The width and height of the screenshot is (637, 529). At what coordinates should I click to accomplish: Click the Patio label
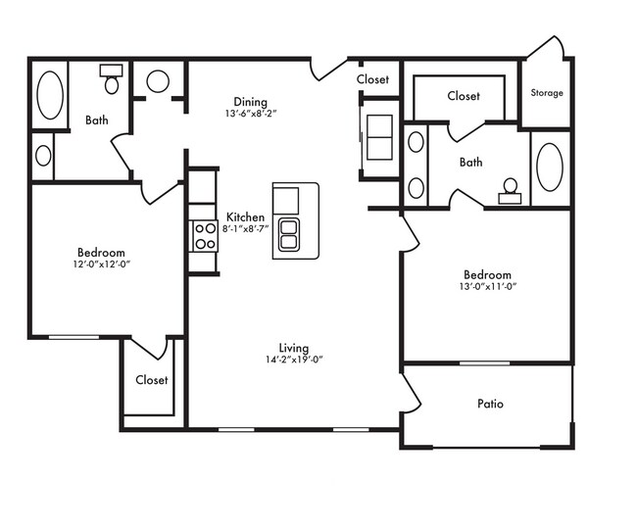(x=490, y=404)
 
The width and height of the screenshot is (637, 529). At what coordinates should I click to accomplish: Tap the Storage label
(x=547, y=93)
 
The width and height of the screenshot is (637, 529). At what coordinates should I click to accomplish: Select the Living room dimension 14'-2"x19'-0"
(x=294, y=360)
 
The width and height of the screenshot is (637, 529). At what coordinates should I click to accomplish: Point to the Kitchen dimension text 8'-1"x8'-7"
(x=245, y=228)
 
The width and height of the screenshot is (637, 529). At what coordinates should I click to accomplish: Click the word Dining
(x=250, y=102)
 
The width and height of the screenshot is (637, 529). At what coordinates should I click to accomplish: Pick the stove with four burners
(x=205, y=236)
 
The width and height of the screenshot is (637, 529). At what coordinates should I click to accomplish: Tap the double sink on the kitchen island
(x=289, y=235)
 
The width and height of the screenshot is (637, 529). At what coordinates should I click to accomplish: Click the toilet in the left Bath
(x=112, y=78)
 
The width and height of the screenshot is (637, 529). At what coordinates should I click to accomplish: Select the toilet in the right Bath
(x=511, y=191)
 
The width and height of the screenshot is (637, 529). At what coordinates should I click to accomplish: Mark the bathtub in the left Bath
(x=50, y=95)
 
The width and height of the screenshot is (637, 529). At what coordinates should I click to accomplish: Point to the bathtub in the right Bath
(x=550, y=168)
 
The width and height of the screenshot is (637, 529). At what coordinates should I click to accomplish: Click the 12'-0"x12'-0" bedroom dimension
(x=102, y=264)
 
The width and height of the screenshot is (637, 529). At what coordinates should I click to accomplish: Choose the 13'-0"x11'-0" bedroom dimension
(x=487, y=286)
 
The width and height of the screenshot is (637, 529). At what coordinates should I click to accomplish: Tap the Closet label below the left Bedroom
(x=152, y=380)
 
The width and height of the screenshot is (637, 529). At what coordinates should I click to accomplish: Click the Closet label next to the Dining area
(x=372, y=79)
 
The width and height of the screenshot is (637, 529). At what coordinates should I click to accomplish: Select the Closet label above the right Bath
(x=464, y=96)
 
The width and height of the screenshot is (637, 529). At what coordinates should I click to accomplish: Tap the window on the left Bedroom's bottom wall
(x=73, y=337)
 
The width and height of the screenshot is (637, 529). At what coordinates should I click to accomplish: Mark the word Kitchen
(x=245, y=216)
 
